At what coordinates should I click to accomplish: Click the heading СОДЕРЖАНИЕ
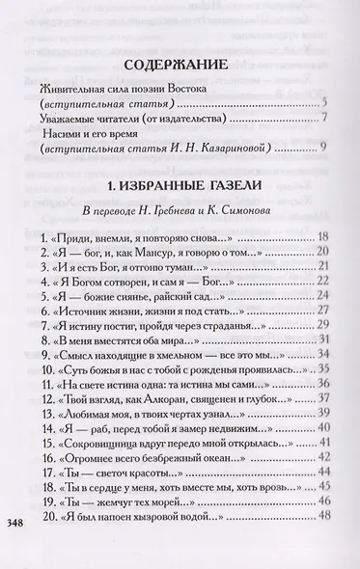coord(180,66)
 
